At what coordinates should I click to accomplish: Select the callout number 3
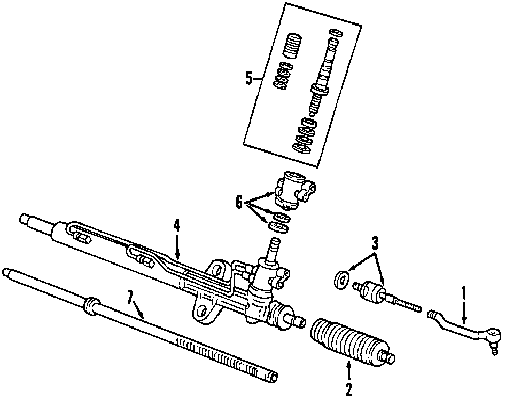coord(375,244)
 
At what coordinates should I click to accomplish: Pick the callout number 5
coord(248,79)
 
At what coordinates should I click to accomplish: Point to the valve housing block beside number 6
coord(293,190)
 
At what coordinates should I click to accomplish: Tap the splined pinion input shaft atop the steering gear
coord(273,248)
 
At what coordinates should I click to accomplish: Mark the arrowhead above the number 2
coord(349,364)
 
